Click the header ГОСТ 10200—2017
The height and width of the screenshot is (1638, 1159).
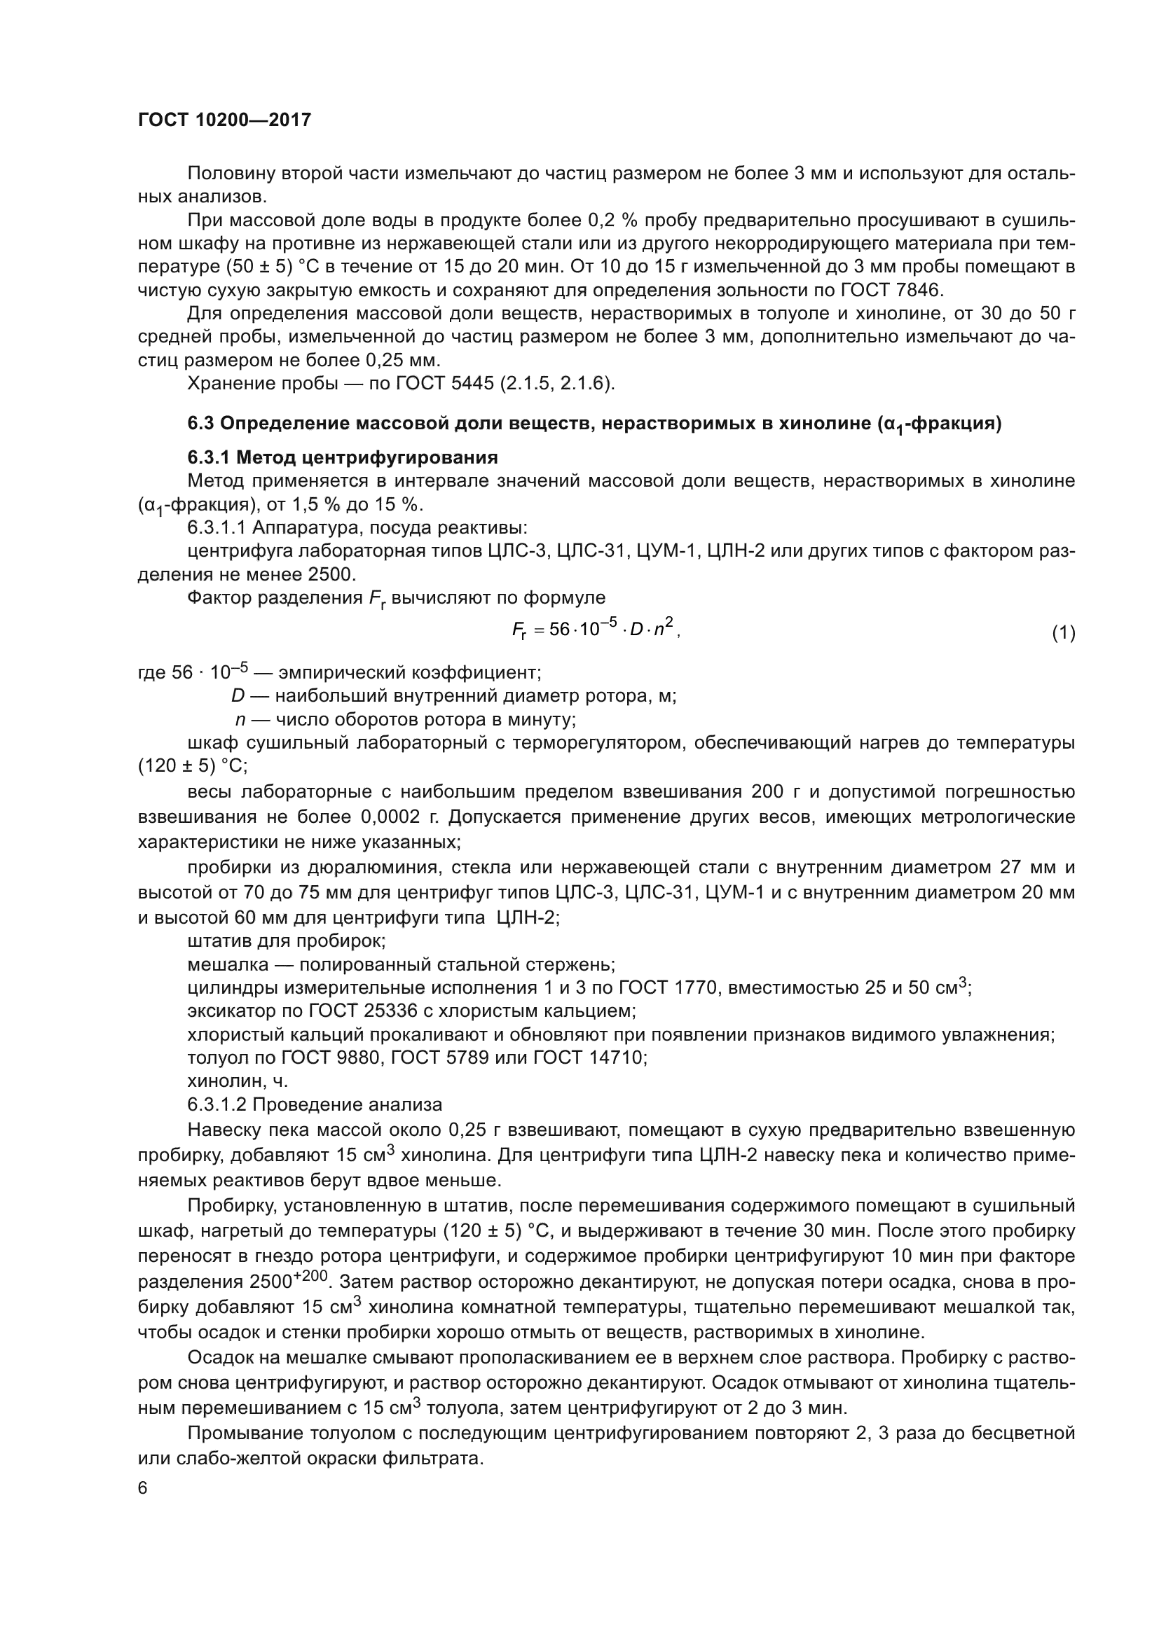pyautogui.click(x=224, y=120)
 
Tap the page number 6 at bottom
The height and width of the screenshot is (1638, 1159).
pyautogui.click(x=143, y=1488)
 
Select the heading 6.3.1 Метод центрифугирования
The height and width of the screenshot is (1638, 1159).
pyautogui.click(x=343, y=457)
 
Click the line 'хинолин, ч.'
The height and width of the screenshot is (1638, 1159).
pyautogui.click(x=238, y=1081)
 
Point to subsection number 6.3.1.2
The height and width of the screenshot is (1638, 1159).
pyautogui.click(x=217, y=1104)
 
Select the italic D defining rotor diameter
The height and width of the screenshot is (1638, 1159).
pyautogui.click(x=238, y=695)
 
